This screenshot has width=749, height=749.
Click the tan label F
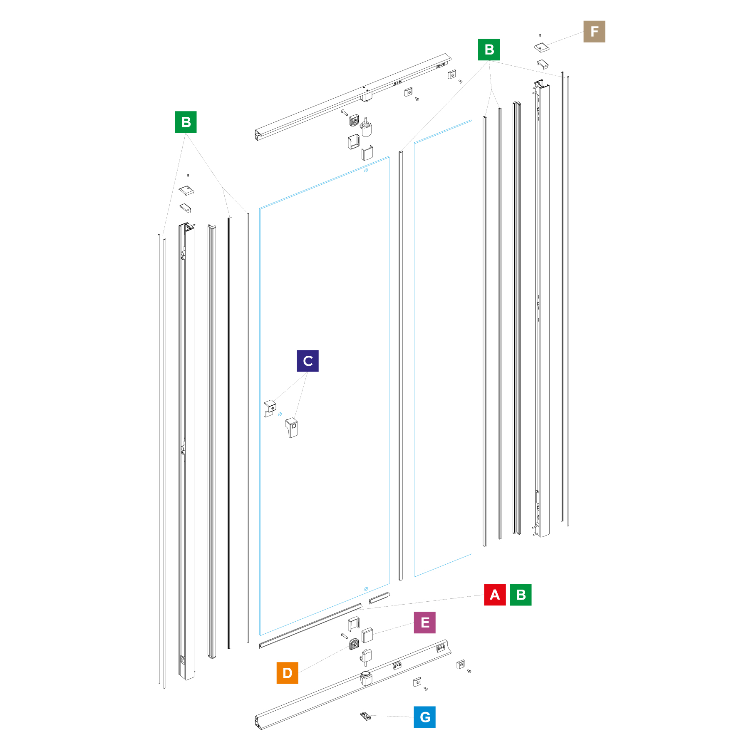pyautogui.click(x=594, y=32)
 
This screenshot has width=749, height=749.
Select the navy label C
pyautogui.click(x=308, y=361)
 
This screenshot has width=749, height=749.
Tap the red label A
pyautogui.click(x=495, y=595)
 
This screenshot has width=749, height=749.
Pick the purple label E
pyautogui.click(x=424, y=623)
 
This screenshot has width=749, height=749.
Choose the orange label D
pyautogui.click(x=287, y=673)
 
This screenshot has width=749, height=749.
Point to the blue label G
pyautogui.click(x=424, y=717)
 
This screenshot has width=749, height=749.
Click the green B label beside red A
pyautogui.click(x=521, y=595)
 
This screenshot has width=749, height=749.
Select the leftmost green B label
pyautogui.click(x=186, y=122)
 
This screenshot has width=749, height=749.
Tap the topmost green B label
pyautogui.click(x=489, y=50)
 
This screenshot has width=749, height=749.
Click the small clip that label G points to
pyautogui.click(x=365, y=716)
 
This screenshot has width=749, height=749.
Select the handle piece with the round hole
pyautogui.click(x=270, y=408)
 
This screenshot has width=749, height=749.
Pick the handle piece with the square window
pyautogui.click(x=292, y=428)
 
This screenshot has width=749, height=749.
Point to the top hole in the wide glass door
pyautogui.click(x=366, y=170)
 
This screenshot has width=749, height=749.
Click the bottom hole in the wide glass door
pyautogui.click(x=366, y=589)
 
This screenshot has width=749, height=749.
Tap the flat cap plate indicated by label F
pyautogui.click(x=541, y=47)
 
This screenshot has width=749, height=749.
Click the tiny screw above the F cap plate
pyautogui.click(x=540, y=35)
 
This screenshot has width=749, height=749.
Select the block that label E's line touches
pyautogui.click(x=367, y=635)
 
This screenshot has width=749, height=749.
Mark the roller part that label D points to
pyautogui.click(x=354, y=644)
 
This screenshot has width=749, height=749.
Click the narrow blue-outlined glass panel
pyautogui.click(x=443, y=348)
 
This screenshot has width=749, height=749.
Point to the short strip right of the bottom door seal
pyautogui.click(x=379, y=598)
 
